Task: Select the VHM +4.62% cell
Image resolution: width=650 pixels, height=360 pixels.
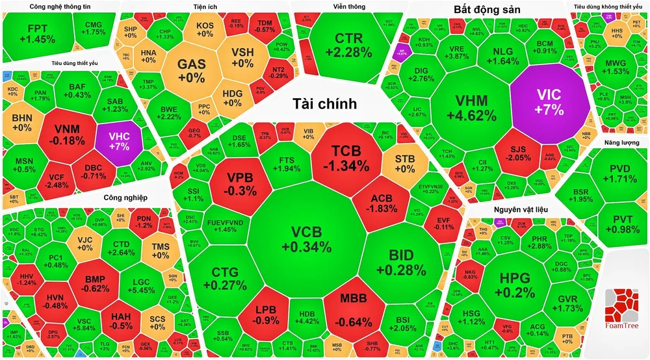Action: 471,108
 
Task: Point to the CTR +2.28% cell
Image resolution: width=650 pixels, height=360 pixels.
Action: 353,44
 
